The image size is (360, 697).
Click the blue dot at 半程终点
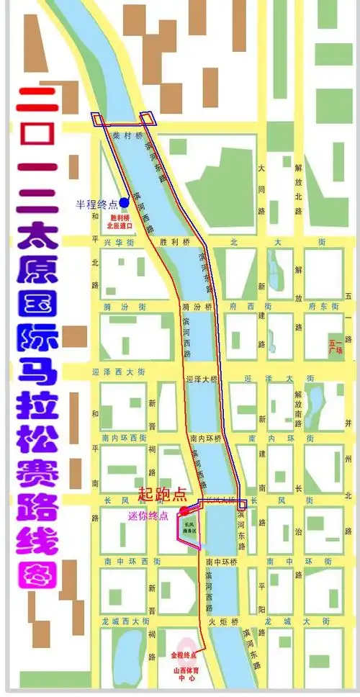coord(124,202)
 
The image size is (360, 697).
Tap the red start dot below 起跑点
coord(184,511)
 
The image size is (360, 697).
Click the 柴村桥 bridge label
coord(134,135)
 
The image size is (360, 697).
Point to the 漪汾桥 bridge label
coord(198,307)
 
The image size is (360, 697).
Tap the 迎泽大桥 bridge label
coord(201,379)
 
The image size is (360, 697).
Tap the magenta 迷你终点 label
coord(148,516)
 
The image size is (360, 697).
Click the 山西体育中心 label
coord(186,674)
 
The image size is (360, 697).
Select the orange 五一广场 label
coord(336,348)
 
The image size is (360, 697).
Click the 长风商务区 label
coord(189,528)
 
